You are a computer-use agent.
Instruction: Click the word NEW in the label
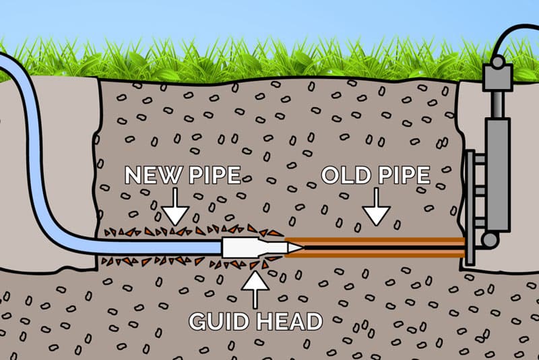coord(153,175)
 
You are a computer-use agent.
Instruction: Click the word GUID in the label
coord(219,322)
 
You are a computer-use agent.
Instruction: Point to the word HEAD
coord(290,322)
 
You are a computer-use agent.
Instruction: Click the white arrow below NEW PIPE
coord(175,206)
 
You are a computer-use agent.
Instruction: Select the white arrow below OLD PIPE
coord(377,206)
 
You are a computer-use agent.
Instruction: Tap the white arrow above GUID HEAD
coord(255,289)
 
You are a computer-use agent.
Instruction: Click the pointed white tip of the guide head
coord(296,247)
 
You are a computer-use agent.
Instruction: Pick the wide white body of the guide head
coord(241,247)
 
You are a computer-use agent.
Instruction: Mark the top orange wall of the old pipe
coord(375,241)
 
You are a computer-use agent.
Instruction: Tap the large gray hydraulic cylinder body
coord(497,175)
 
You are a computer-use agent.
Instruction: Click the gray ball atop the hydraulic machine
coord(498,62)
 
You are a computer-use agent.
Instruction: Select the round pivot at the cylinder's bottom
coord(490,239)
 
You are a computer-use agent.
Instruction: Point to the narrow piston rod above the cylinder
coord(497,105)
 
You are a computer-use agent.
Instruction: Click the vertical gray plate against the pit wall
coord(469,208)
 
